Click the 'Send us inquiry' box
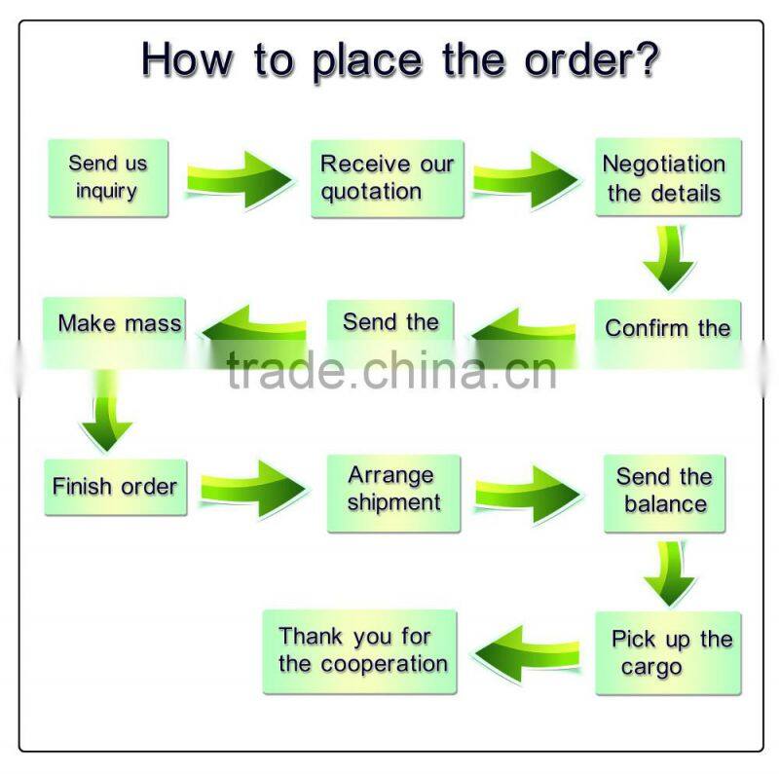107,177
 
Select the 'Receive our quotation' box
387,177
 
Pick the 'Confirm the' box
668,329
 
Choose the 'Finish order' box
115,486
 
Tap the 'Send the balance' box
665,492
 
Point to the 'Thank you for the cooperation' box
360,650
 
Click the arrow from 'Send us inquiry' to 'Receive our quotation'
239,178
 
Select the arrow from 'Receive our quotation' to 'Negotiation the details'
526,178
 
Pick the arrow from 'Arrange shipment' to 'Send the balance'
529,489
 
